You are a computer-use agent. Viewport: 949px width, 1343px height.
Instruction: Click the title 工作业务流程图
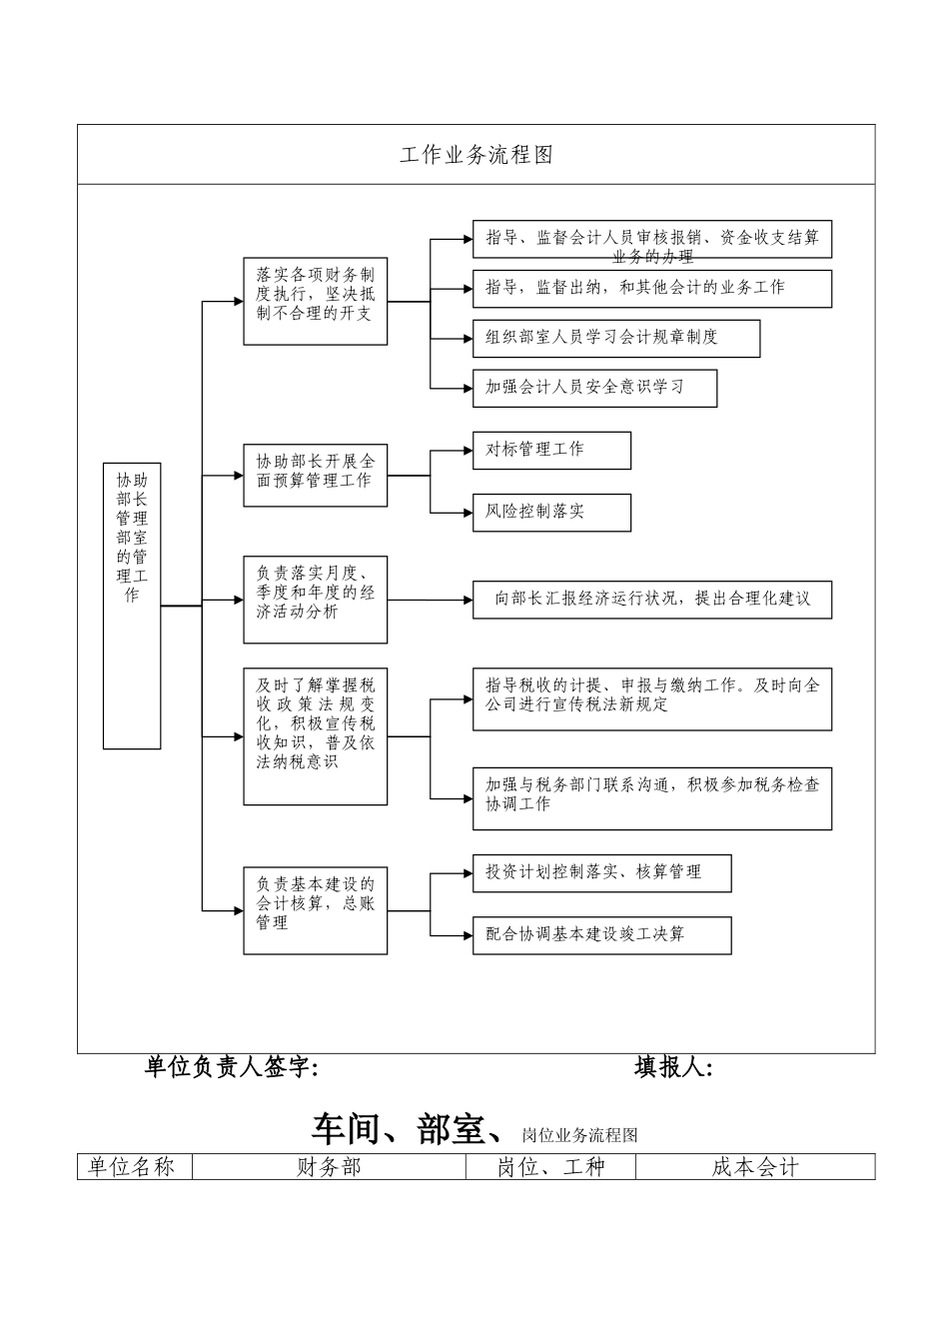click(475, 155)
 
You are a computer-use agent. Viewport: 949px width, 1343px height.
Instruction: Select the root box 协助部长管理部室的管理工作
click(132, 606)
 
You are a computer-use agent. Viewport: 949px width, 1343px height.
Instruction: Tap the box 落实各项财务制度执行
click(315, 301)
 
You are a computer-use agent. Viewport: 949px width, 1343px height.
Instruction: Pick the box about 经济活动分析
click(315, 600)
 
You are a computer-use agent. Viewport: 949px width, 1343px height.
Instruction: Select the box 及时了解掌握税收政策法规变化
click(315, 735)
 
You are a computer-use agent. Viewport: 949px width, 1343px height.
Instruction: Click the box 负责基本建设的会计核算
click(315, 909)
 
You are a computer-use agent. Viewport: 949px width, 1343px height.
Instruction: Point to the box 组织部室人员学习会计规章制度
click(615, 338)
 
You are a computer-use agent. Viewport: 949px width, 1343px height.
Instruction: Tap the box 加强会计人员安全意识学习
click(594, 388)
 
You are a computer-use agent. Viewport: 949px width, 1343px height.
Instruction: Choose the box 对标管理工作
click(551, 450)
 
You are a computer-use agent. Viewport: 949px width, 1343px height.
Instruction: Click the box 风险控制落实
click(551, 512)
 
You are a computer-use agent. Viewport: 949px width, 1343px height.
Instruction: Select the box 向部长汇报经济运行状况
click(651, 600)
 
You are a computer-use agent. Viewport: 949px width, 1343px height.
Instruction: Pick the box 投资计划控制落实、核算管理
click(601, 872)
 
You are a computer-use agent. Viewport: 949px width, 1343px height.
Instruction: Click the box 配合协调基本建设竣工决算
click(601, 934)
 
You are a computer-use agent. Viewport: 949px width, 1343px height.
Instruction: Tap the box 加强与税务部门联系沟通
click(651, 797)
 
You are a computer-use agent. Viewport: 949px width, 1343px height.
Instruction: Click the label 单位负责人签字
click(232, 1068)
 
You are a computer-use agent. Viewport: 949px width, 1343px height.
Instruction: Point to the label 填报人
click(673, 1068)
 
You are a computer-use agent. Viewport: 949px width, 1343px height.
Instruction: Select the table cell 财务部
click(329, 1167)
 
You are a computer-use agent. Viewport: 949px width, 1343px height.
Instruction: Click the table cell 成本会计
click(754, 1167)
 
